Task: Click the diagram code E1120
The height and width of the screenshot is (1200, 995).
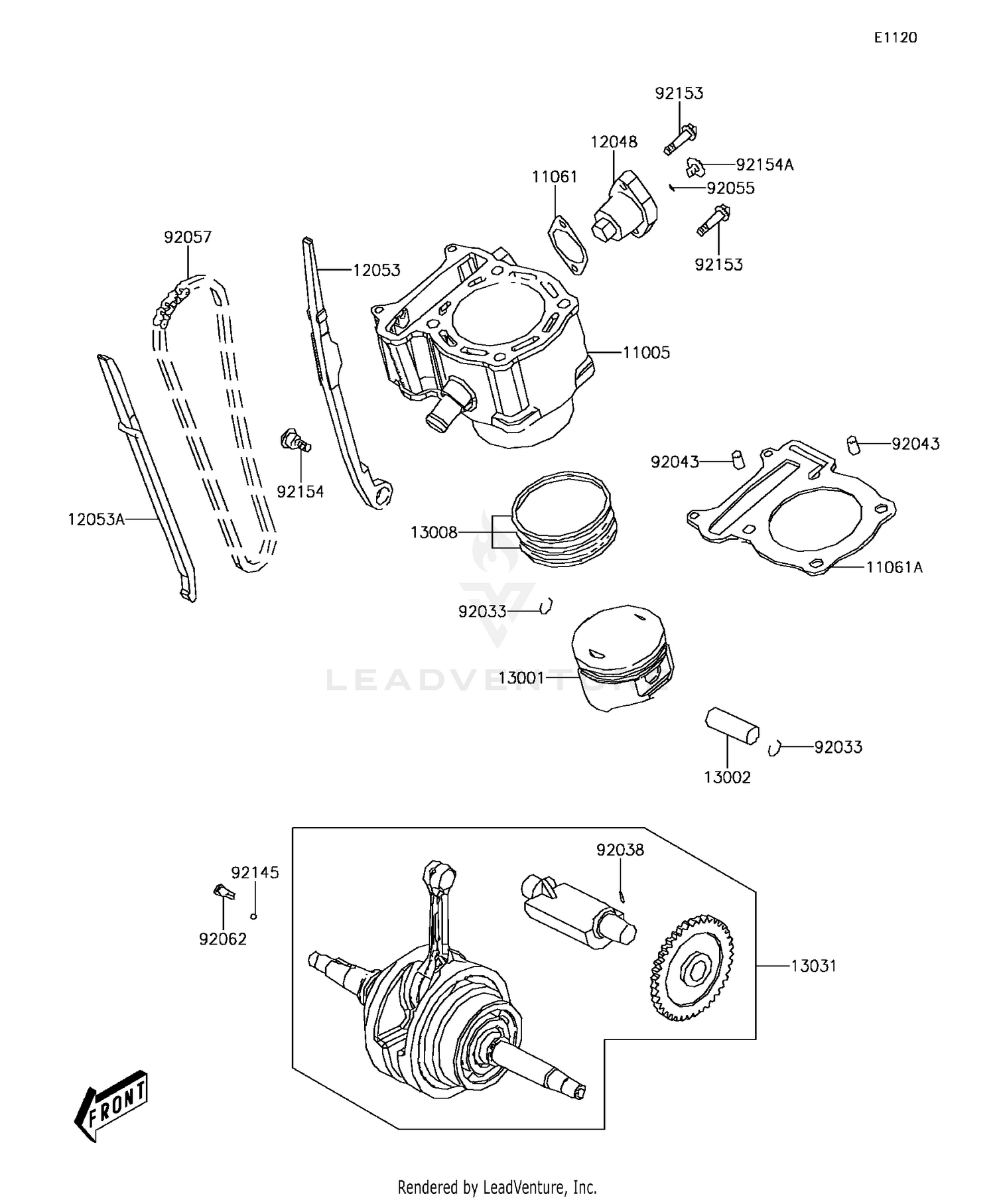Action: click(x=895, y=38)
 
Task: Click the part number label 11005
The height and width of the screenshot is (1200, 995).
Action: click(x=646, y=353)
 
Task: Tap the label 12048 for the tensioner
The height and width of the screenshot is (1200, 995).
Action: click(x=614, y=142)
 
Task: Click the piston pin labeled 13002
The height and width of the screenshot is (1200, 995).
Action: click(x=732, y=725)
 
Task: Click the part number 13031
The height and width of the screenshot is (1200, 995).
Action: click(x=813, y=966)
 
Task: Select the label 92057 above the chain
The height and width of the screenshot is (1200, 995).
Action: click(x=188, y=237)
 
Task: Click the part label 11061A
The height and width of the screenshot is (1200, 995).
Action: click(x=894, y=567)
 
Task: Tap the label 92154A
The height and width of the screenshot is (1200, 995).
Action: click(x=764, y=165)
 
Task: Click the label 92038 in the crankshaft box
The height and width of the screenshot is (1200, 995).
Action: click(x=620, y=850)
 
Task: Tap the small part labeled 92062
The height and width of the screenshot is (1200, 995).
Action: click(x=223, y=892)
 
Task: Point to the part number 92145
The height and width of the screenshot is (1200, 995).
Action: click(x=255, y=872)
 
